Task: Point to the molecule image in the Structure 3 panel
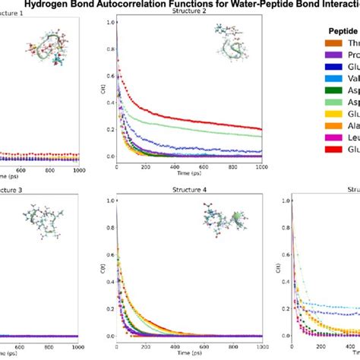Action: (x=38, y=221)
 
